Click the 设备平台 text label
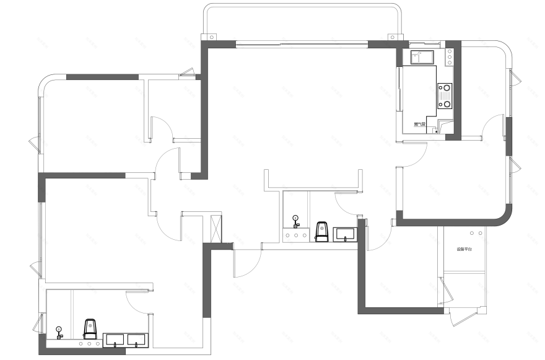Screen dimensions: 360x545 (464, 249)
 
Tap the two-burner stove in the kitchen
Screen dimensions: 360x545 (445, 96)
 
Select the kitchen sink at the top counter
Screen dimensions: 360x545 (422, 58)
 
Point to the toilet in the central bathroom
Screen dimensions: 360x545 (321, 232)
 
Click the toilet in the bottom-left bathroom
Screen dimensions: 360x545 (90, 328)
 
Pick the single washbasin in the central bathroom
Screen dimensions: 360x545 (345, 235)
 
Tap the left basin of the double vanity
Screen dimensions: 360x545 (115, 340)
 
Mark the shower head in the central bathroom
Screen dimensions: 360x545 (296, 219)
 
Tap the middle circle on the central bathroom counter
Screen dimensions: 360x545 (296, 235)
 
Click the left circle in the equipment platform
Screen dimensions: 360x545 (473, 232)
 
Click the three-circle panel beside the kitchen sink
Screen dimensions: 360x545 (448, 58)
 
